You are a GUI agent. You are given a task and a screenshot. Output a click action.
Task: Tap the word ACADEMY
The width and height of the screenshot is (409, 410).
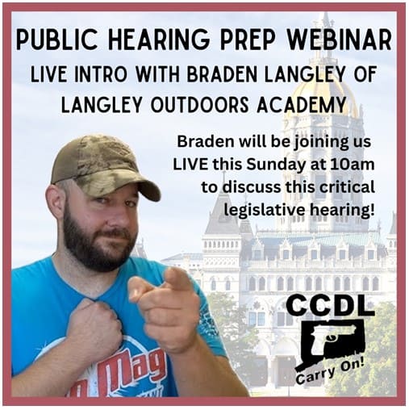click(301, 104)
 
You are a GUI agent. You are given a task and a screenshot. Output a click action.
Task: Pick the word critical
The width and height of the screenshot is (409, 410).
click(348, 187)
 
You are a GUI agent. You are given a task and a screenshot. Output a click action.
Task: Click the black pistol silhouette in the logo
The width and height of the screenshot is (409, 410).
click(332, 338)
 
